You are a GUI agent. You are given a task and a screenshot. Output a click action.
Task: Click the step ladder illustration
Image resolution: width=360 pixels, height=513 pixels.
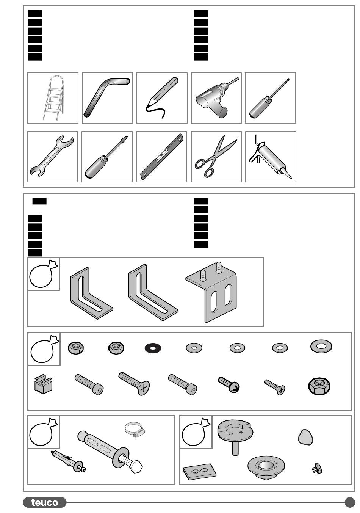pos(53,98)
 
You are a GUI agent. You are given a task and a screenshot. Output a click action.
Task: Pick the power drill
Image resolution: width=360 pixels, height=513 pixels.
pos(216,97)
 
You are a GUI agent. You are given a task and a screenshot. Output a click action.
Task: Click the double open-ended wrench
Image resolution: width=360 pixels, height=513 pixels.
pos(52,156)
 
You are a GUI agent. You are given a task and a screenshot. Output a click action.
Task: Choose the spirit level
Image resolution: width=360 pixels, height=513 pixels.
pos(162,157)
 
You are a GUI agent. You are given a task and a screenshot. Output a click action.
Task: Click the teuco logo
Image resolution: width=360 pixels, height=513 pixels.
pos(45,502)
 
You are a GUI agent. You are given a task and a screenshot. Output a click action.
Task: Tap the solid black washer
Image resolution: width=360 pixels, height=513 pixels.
pos(153,348)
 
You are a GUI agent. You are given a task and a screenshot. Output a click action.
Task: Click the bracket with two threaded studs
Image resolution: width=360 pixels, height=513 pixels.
pos(211,292)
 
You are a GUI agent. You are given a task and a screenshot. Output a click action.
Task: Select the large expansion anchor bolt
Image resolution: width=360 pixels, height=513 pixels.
pos(110,452)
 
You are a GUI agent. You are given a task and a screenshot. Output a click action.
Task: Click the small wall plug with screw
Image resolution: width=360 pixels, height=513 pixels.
pos(68,461)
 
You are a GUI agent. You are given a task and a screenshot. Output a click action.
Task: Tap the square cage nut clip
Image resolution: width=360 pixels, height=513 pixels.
pos(43,384)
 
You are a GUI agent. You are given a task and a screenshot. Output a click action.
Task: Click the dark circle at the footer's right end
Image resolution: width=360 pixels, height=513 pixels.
pos(350,502)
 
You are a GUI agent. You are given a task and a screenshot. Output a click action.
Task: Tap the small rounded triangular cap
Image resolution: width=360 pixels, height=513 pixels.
pos(305,437)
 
